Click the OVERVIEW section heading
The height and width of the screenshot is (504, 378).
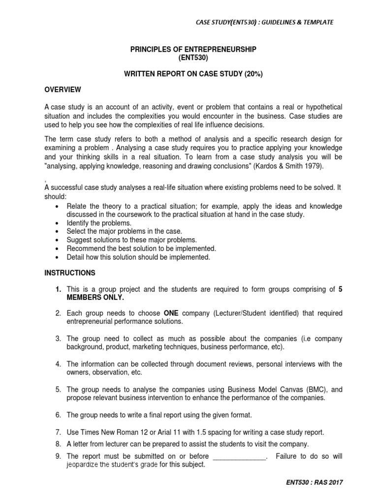[63, 90]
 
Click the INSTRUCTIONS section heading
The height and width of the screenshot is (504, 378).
[70, 273]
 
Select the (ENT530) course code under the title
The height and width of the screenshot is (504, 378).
[193, 58]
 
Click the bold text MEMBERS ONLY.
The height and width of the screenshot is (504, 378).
[95, 298]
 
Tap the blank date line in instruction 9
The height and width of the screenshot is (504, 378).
[240, 456]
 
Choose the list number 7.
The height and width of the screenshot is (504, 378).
[58, 432]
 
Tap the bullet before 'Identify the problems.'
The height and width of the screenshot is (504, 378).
[59, 223]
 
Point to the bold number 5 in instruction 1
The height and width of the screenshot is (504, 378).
[341, 289]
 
